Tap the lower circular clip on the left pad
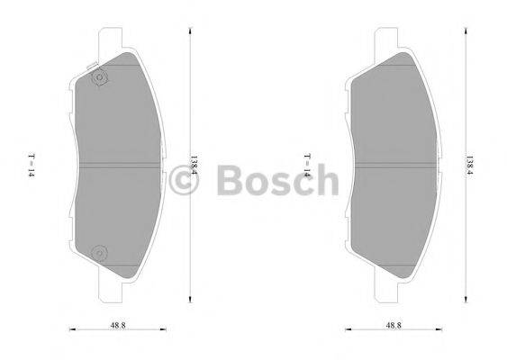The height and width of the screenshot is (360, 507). [x=99, y=251]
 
